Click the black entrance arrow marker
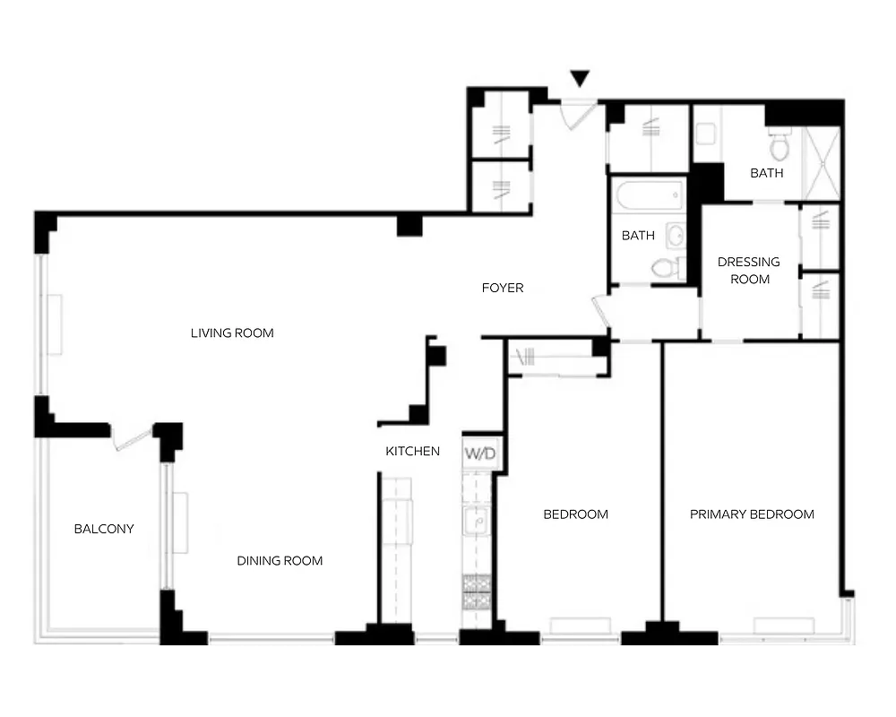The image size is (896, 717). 581,79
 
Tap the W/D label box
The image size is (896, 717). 480,454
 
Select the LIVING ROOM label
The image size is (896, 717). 232,333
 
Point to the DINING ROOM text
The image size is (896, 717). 280,561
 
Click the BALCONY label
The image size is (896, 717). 104,529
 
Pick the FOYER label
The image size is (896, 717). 503,288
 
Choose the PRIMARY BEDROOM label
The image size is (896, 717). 752,514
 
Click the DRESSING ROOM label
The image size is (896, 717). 749,270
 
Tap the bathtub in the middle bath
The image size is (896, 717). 648,194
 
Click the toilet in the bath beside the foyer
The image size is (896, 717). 664,266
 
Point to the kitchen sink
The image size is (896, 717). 476,520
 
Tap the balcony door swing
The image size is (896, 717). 131,439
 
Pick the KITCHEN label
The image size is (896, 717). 413,451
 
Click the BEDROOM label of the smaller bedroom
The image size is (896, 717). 576,514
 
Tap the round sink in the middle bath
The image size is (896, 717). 677,236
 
